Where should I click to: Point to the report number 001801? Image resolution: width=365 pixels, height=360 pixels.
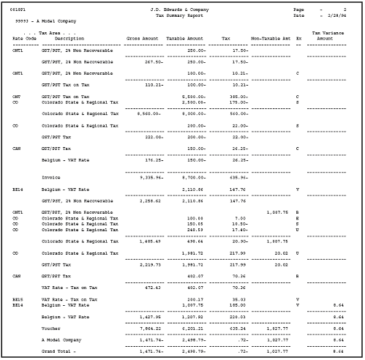17,9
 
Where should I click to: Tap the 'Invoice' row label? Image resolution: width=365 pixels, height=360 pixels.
51,176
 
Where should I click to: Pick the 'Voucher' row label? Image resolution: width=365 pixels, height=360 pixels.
52,329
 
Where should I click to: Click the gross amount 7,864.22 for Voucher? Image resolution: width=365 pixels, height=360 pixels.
151,329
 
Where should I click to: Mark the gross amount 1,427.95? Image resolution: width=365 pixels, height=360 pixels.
151,318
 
